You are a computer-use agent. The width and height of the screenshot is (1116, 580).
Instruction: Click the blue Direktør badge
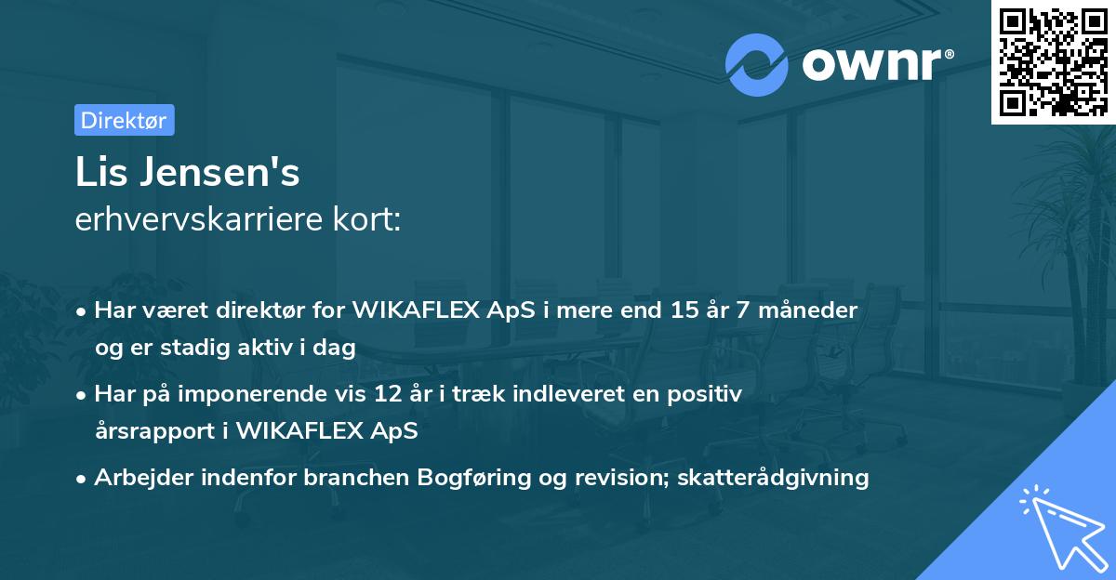[x=124, y=120]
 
